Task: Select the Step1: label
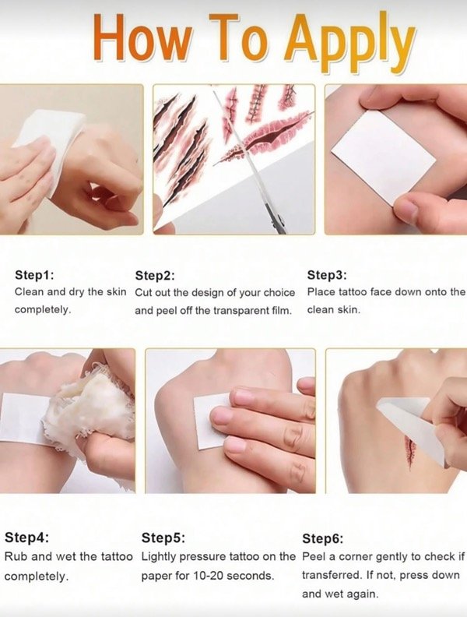pyautogui.click(x=34, y=275)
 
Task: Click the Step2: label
pyautogui.click(x=154, y=276)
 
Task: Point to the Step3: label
pyautogui.click(x=327, y=275)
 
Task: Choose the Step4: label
pyautogui.click(x=26, y=537)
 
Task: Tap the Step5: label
pyautogui.click(x=163, y=537)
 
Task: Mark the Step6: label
pyautogui.click(x=322, y=538)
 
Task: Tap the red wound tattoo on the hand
pyautogui.click(x=410, y=452)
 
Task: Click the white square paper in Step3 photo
pyautogui.click(x=383, y=157)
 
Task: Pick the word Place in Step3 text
pyautogui.click(x=321, y=292)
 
